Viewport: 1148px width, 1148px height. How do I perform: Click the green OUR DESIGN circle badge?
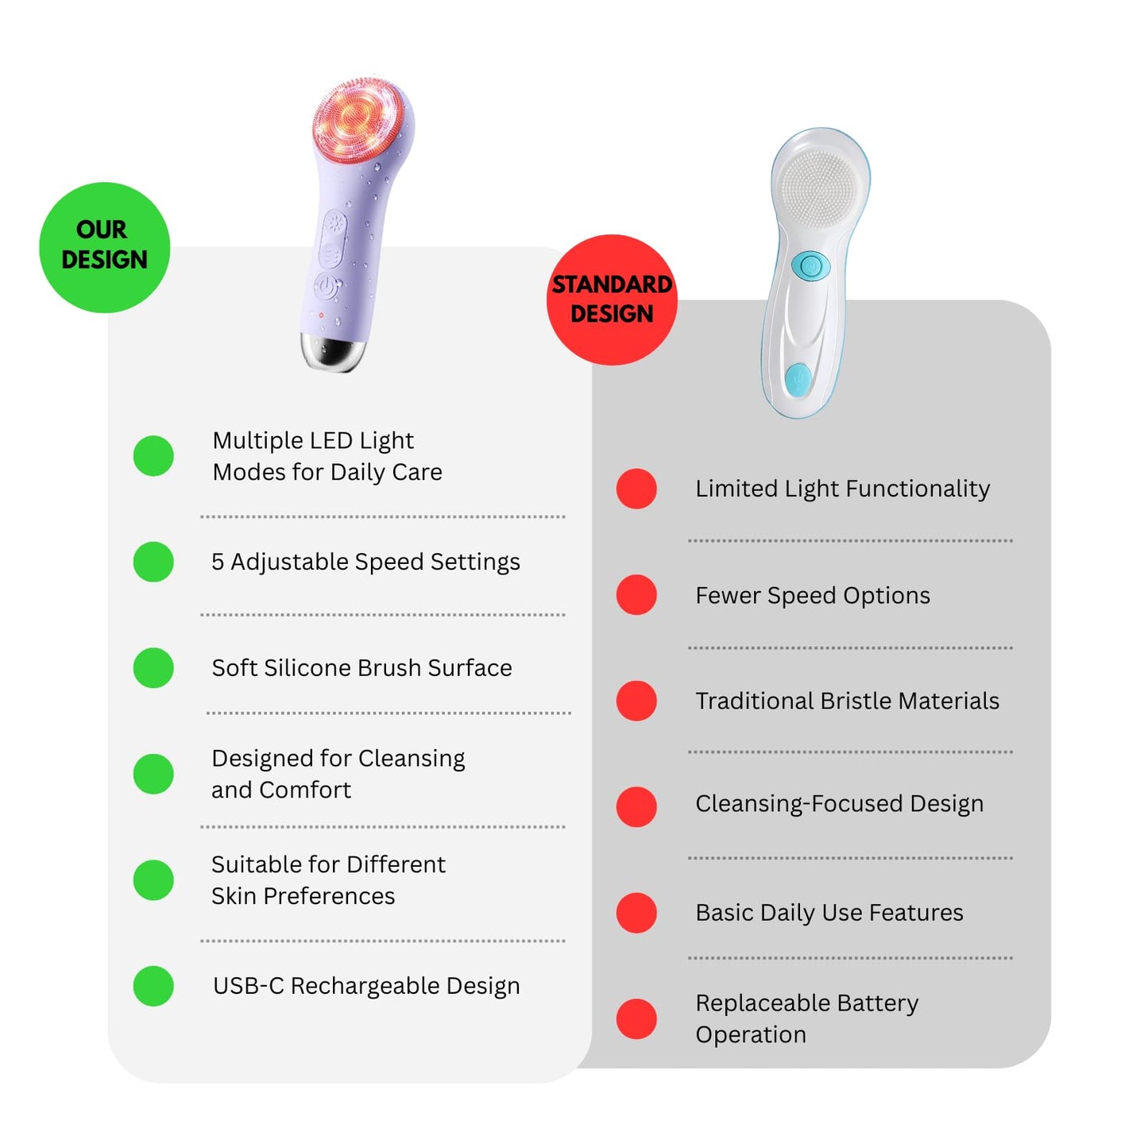tap(104, 247)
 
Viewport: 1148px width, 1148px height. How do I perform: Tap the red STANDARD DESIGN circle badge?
tap(612, 300)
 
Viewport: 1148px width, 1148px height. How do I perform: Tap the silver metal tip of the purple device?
tap(332, 352)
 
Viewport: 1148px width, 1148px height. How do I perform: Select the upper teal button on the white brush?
tap(811, 265)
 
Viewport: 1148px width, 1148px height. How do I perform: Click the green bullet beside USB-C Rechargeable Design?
tap(153, 986)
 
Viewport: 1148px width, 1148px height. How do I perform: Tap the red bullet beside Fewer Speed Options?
tap(636, 594)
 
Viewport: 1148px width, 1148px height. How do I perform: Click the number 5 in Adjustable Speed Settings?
tap(218, 561)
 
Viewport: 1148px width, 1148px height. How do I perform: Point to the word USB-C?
tap(249, 986)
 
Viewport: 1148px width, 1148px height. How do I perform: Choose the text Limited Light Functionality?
tap(842, 489)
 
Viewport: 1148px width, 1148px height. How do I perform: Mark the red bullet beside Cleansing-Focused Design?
tap(636, 806)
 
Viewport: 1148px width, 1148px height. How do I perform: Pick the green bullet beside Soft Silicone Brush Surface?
tap(153, 668)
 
